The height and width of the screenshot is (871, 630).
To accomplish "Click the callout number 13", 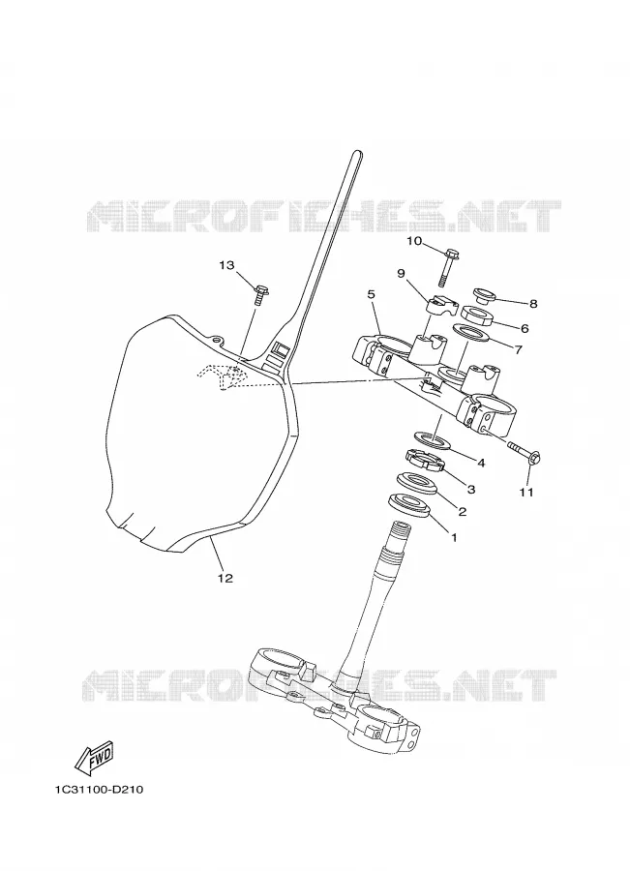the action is pos(226,265).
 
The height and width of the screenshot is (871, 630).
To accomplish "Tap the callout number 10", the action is pos(414,241).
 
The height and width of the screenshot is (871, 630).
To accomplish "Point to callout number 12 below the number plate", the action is pos(225,579).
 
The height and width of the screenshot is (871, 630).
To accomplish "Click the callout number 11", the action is pos(526,492).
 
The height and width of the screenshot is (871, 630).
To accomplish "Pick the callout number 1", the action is pos(453,537).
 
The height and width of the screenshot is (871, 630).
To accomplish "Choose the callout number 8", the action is pos(533,304).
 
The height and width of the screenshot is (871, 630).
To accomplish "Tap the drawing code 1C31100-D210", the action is pos(99,790).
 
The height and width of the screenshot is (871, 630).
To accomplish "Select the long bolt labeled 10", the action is pos(446,266).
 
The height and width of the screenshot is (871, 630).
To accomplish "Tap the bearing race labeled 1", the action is pos(409,505).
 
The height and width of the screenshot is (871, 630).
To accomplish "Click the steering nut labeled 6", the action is pos(477,315).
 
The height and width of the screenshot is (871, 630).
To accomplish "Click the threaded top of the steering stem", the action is pos(401,531).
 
